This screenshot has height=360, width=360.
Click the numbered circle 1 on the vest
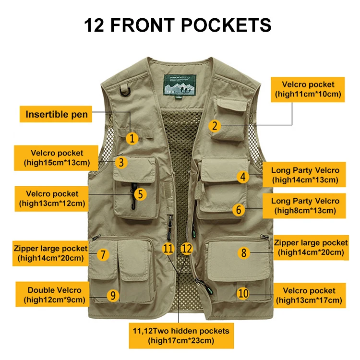point(133,138)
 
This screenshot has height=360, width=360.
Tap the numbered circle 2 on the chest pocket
point(215,126)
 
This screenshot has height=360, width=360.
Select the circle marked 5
point(140,194)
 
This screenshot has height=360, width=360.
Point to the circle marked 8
point(244,252)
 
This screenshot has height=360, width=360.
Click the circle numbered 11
point(168,249)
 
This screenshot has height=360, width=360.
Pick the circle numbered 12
point(187,249)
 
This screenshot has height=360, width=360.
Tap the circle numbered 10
point(243,292)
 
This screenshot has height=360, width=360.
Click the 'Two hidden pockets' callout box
point(181,336)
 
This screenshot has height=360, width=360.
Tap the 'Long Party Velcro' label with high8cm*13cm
point(305,205)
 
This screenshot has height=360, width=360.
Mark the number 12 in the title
point(94,25)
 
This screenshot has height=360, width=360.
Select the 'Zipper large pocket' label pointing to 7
point(51,253)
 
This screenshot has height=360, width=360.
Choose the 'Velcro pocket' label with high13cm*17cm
point(309,295)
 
